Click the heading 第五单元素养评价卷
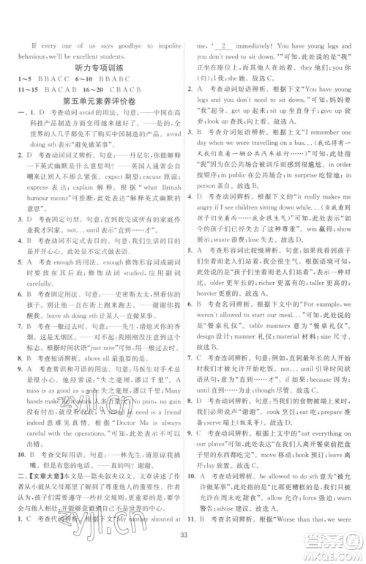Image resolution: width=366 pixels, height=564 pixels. coord(100,100)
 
